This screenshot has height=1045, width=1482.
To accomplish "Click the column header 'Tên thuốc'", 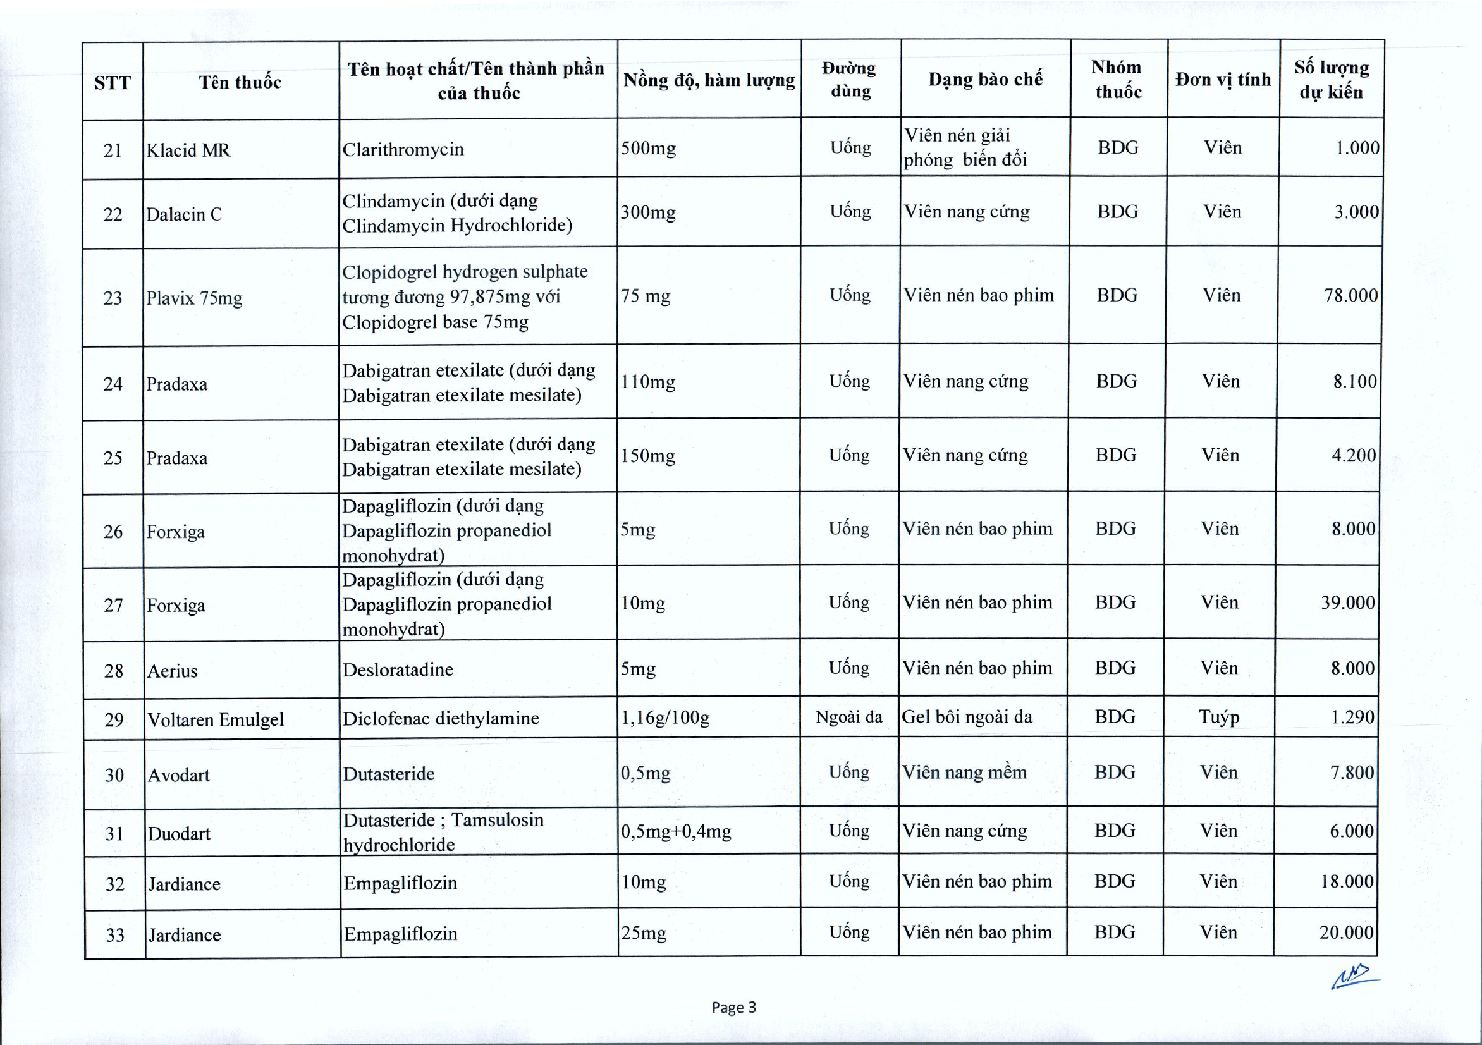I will click(x=240, y=82).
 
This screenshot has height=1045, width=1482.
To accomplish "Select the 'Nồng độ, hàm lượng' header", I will click(x=709, y=80).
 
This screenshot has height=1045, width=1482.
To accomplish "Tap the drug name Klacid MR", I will click(x=188, y=150).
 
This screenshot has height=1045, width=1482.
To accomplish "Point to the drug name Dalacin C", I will click(x=183, y=214).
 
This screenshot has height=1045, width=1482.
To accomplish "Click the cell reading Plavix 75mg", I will click(x=193, y=298).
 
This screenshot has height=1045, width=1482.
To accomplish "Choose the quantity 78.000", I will click(x=1350, y=296).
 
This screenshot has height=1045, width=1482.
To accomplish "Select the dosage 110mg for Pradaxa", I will click(x=648, y=382).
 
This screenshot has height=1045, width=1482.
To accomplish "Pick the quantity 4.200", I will click(x=1354, y=455).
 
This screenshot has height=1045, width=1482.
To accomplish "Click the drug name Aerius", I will click(x=172, y=671).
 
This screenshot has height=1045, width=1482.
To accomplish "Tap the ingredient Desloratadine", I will click(x=398, y=670).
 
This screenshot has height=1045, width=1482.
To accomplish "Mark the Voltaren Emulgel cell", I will click(x=216, y=719).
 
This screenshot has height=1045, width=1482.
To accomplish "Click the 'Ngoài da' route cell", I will click(x=848, y=717).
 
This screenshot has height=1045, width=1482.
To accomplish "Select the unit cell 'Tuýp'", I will click(x=1218, y=717).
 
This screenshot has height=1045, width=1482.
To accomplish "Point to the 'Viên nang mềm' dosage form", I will click(x=964, y=773).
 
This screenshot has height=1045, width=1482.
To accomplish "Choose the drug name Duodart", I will click(x=179, y=834).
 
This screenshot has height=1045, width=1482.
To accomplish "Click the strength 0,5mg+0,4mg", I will click(x=676, y=831).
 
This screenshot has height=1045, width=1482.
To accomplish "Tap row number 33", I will click(x=115, y=935).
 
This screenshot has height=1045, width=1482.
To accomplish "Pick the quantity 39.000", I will click(x=1348, y=603).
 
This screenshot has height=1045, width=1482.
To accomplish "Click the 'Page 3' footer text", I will click(x=733, y=1008).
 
